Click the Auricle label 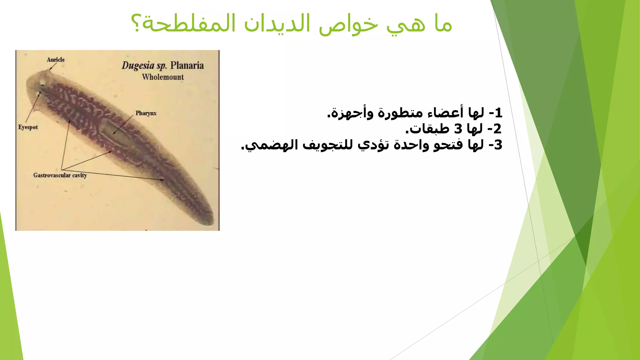tap(56, 60)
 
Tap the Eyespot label tap(28, 127)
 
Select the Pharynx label tap(146, 113)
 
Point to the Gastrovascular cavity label tap(60, 175)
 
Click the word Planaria tap(187, 66)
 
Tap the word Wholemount tap(163, 77)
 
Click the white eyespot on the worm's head tap(42, 82)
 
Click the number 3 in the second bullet tap(458, 128)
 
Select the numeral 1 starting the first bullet tap(498, 112)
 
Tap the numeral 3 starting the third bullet tap(498, 145)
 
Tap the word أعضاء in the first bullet tap(441, 112)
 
